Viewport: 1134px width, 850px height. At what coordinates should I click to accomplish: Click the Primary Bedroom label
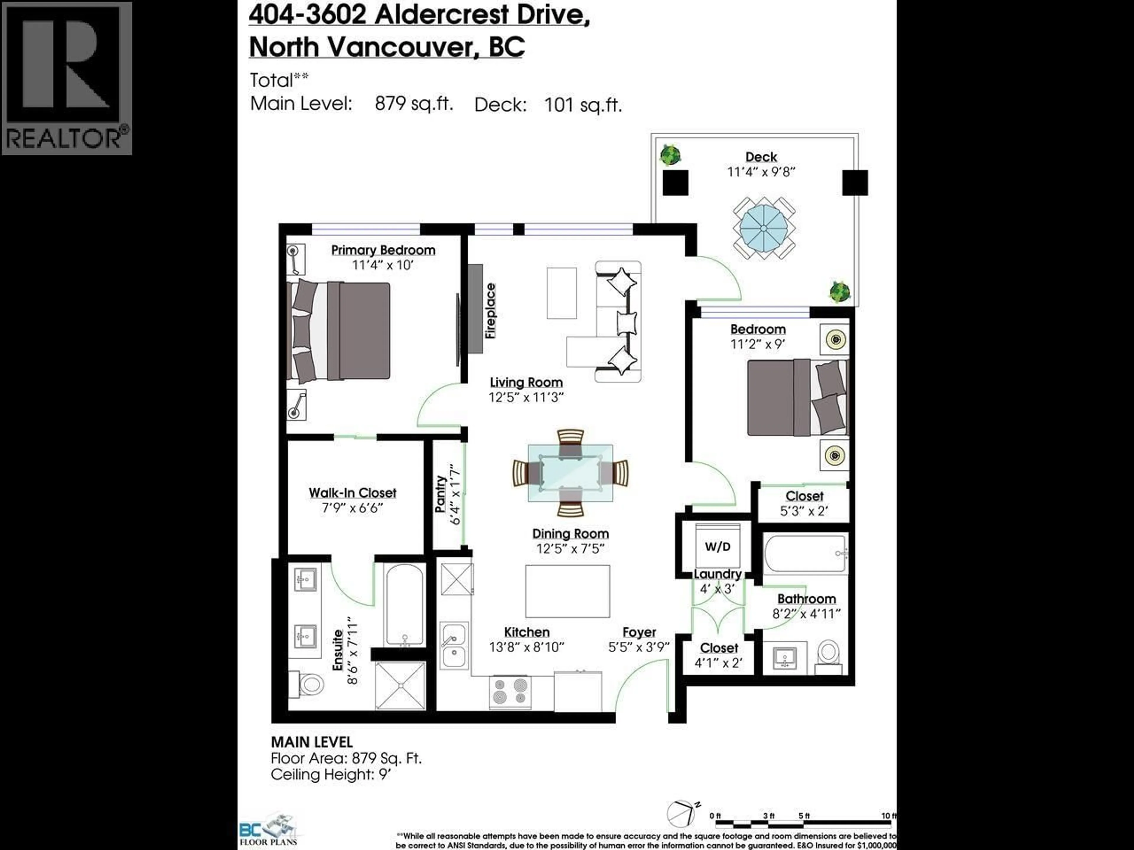[383, 250]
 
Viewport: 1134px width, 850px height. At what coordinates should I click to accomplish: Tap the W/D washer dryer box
[717, 546]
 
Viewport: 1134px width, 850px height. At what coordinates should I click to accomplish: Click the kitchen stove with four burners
[510, 692]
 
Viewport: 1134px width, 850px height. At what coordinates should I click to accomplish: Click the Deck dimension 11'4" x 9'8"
[761, 172]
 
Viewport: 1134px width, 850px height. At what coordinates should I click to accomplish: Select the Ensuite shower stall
[400, 686]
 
